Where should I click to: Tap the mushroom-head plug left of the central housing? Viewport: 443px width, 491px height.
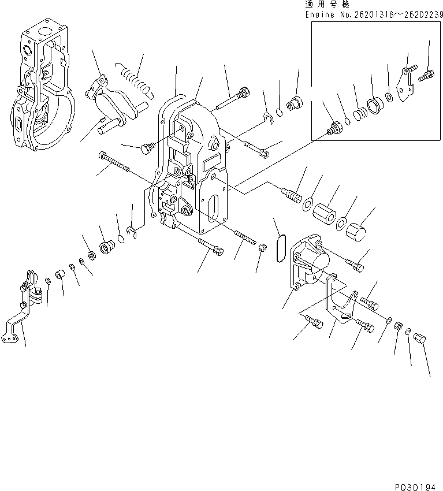point(145,148)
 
